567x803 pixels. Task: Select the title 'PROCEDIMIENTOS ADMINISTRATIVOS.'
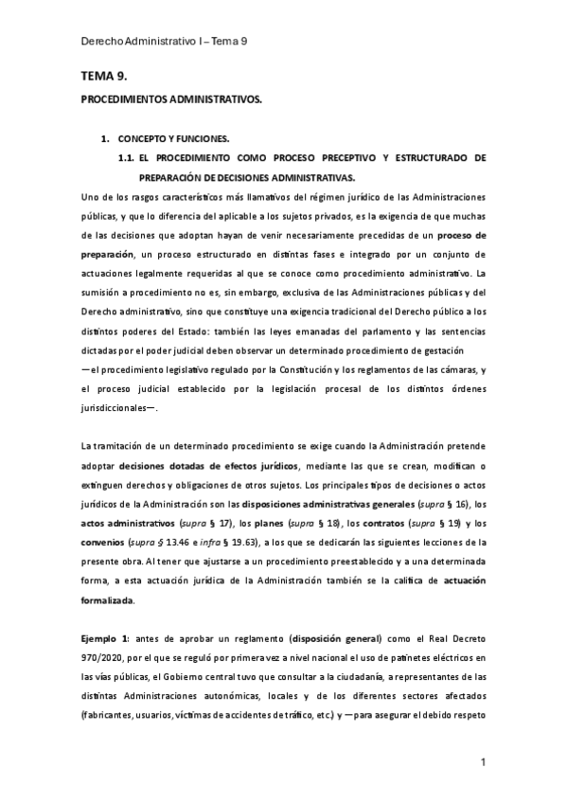(x=170, y=98)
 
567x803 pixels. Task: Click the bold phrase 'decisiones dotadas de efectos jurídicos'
(x=209, y=466)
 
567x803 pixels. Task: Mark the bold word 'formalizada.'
(x=108, y=601)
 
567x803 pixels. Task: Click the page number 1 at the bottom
(x=482, y=762)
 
